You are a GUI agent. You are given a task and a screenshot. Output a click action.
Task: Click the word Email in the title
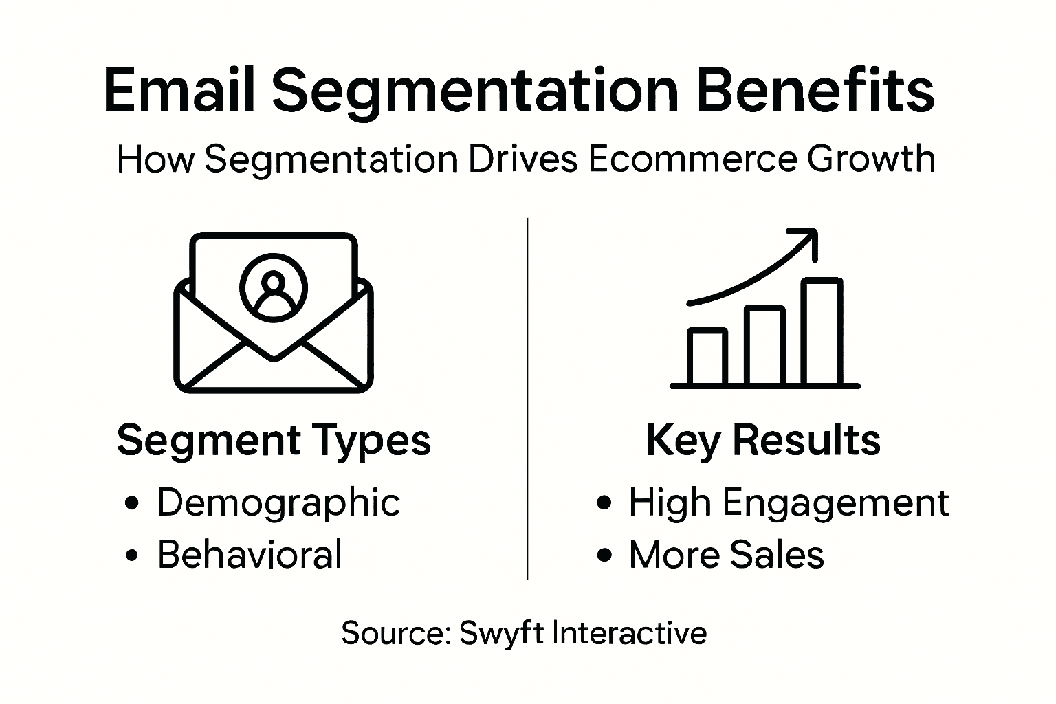tap(179, 91)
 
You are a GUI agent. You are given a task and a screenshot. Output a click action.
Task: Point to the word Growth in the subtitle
tap(871, 159)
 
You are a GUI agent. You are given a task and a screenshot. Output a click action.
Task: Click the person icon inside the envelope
tap(274, 287)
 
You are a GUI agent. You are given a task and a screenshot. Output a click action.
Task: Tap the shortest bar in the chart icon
tap(707, 357)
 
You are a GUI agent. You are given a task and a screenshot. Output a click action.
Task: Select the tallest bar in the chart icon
tap(822, 331)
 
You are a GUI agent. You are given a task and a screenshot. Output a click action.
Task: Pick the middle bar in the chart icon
tap(764, 345)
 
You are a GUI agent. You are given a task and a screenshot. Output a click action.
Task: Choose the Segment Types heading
tap(274, 440)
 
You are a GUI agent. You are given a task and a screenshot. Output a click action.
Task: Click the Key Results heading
tap(763, 440)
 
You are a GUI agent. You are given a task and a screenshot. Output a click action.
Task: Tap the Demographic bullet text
tap(278, 503)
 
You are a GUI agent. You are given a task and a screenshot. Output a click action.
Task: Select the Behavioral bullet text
tap(250, 554)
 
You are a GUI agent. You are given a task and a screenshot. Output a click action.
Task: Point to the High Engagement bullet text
tap(789, 503)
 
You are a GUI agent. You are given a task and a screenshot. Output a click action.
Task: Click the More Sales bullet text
tap(726, 554)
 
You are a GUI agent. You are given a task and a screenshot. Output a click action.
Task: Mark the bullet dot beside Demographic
tap(133, 503)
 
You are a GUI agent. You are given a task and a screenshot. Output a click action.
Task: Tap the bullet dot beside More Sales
tap(604, 555)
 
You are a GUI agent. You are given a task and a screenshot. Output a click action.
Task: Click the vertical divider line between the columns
tap(527, 399)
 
